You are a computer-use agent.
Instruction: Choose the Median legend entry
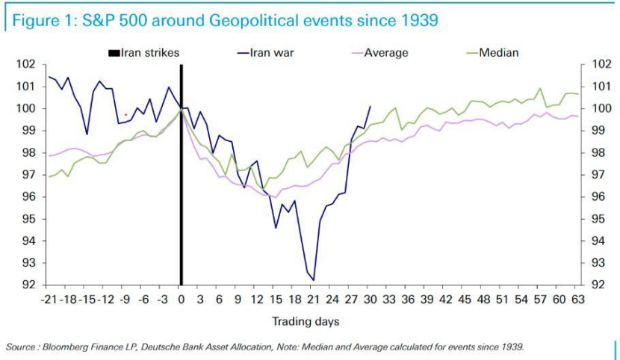[498, 53]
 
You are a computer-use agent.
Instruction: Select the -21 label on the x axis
[49, 300]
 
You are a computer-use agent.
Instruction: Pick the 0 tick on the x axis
[181, 300]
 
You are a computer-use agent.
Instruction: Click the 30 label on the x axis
[368, 300]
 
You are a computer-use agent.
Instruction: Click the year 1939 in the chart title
[418, 20]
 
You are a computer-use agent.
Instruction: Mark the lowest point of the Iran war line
[314, 280]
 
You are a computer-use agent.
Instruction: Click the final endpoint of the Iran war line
[370, 106]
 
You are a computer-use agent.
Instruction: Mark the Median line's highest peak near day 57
[539, 88]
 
